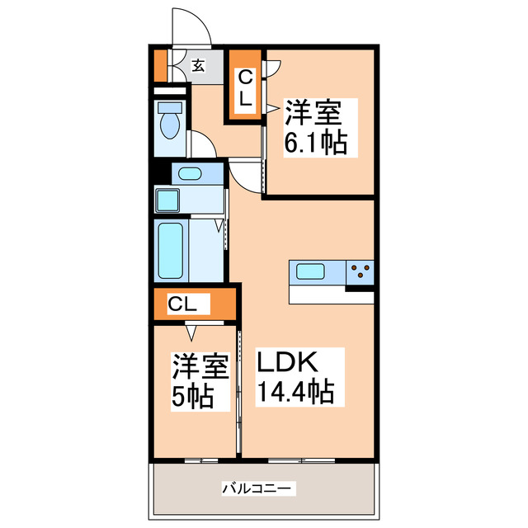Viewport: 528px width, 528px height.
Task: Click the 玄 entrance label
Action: coord(199,66)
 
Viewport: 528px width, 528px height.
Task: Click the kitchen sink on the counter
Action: coord(311,271)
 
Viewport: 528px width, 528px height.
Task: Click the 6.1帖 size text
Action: coord(315,143)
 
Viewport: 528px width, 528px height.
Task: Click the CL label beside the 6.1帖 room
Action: coord(247,87)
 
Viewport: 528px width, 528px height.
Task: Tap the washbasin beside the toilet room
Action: coord(190,173)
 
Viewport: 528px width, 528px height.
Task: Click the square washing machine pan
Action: coord(172,200)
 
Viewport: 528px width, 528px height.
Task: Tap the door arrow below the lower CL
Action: coord(191,332)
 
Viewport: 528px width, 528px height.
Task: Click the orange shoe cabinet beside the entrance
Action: coord(160,66)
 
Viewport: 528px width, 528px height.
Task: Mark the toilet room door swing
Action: coord(202,144)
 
